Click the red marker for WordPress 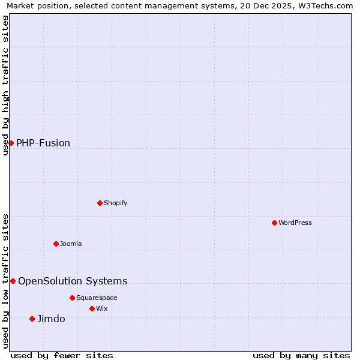(x=274, y=223)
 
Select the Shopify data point (x=100, y=203)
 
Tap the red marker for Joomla (x=56, y=244)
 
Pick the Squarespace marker (x=72, y=298)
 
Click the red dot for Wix (x=92, y=308)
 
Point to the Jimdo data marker (x=32, y=319)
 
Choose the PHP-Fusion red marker (x=11, y=143)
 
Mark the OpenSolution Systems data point (x=13, y=281)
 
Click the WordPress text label (x=295, y=223)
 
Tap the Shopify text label (x=116, y=203)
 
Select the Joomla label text (x=71, y=244)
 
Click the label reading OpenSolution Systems (x=73, y=281)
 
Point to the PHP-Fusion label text (x=43, y=143)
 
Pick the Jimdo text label (x=51, y=319)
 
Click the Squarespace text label (x=97, y=298)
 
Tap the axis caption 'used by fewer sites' (x=62, y=355)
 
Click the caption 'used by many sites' (x=301, y=355)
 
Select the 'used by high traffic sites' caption (x=5, y=85)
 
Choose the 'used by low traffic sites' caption (x=5, y=281)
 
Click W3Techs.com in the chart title (x=325, y=5)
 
